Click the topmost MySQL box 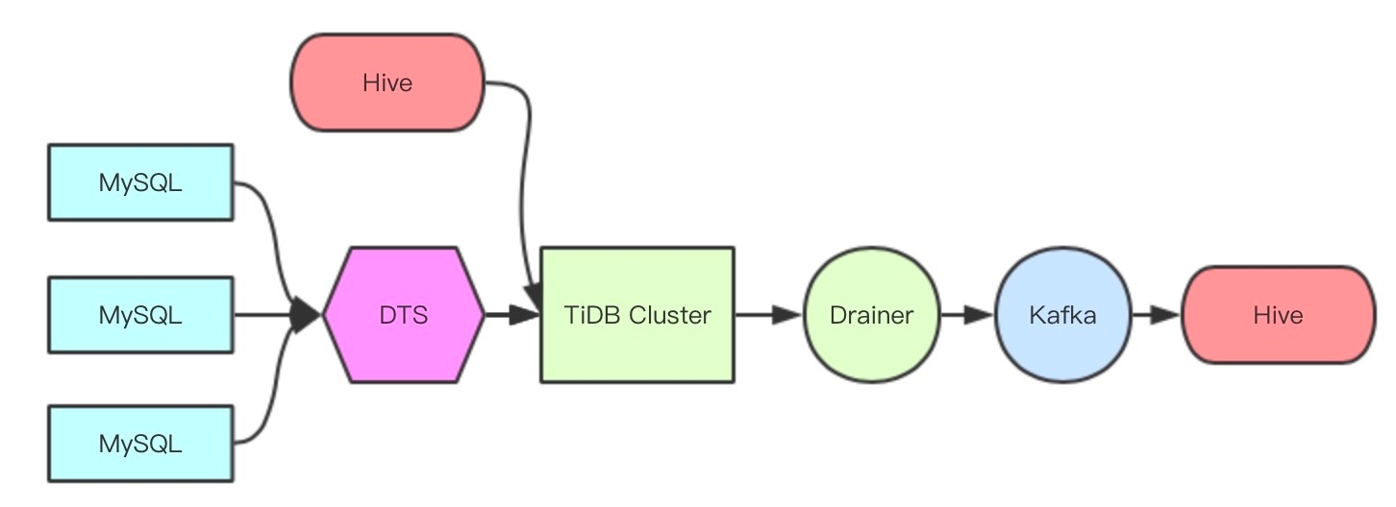(140, 182)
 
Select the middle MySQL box (140, 314)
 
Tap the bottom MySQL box (140, 443)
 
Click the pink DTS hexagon (404, 314)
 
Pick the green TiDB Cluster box (637, 314)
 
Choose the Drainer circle (870, 314)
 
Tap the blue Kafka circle (1061, 314)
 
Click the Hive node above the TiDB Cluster (387, 83)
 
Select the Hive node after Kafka (1278, 314)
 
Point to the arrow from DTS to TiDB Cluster (511, 314)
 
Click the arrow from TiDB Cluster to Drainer (767, 314)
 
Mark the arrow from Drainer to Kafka (965, 314)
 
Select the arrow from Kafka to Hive (1155, 314)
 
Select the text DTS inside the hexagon (404, 314)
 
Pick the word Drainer (870, 314)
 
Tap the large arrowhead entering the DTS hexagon (307, 314)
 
